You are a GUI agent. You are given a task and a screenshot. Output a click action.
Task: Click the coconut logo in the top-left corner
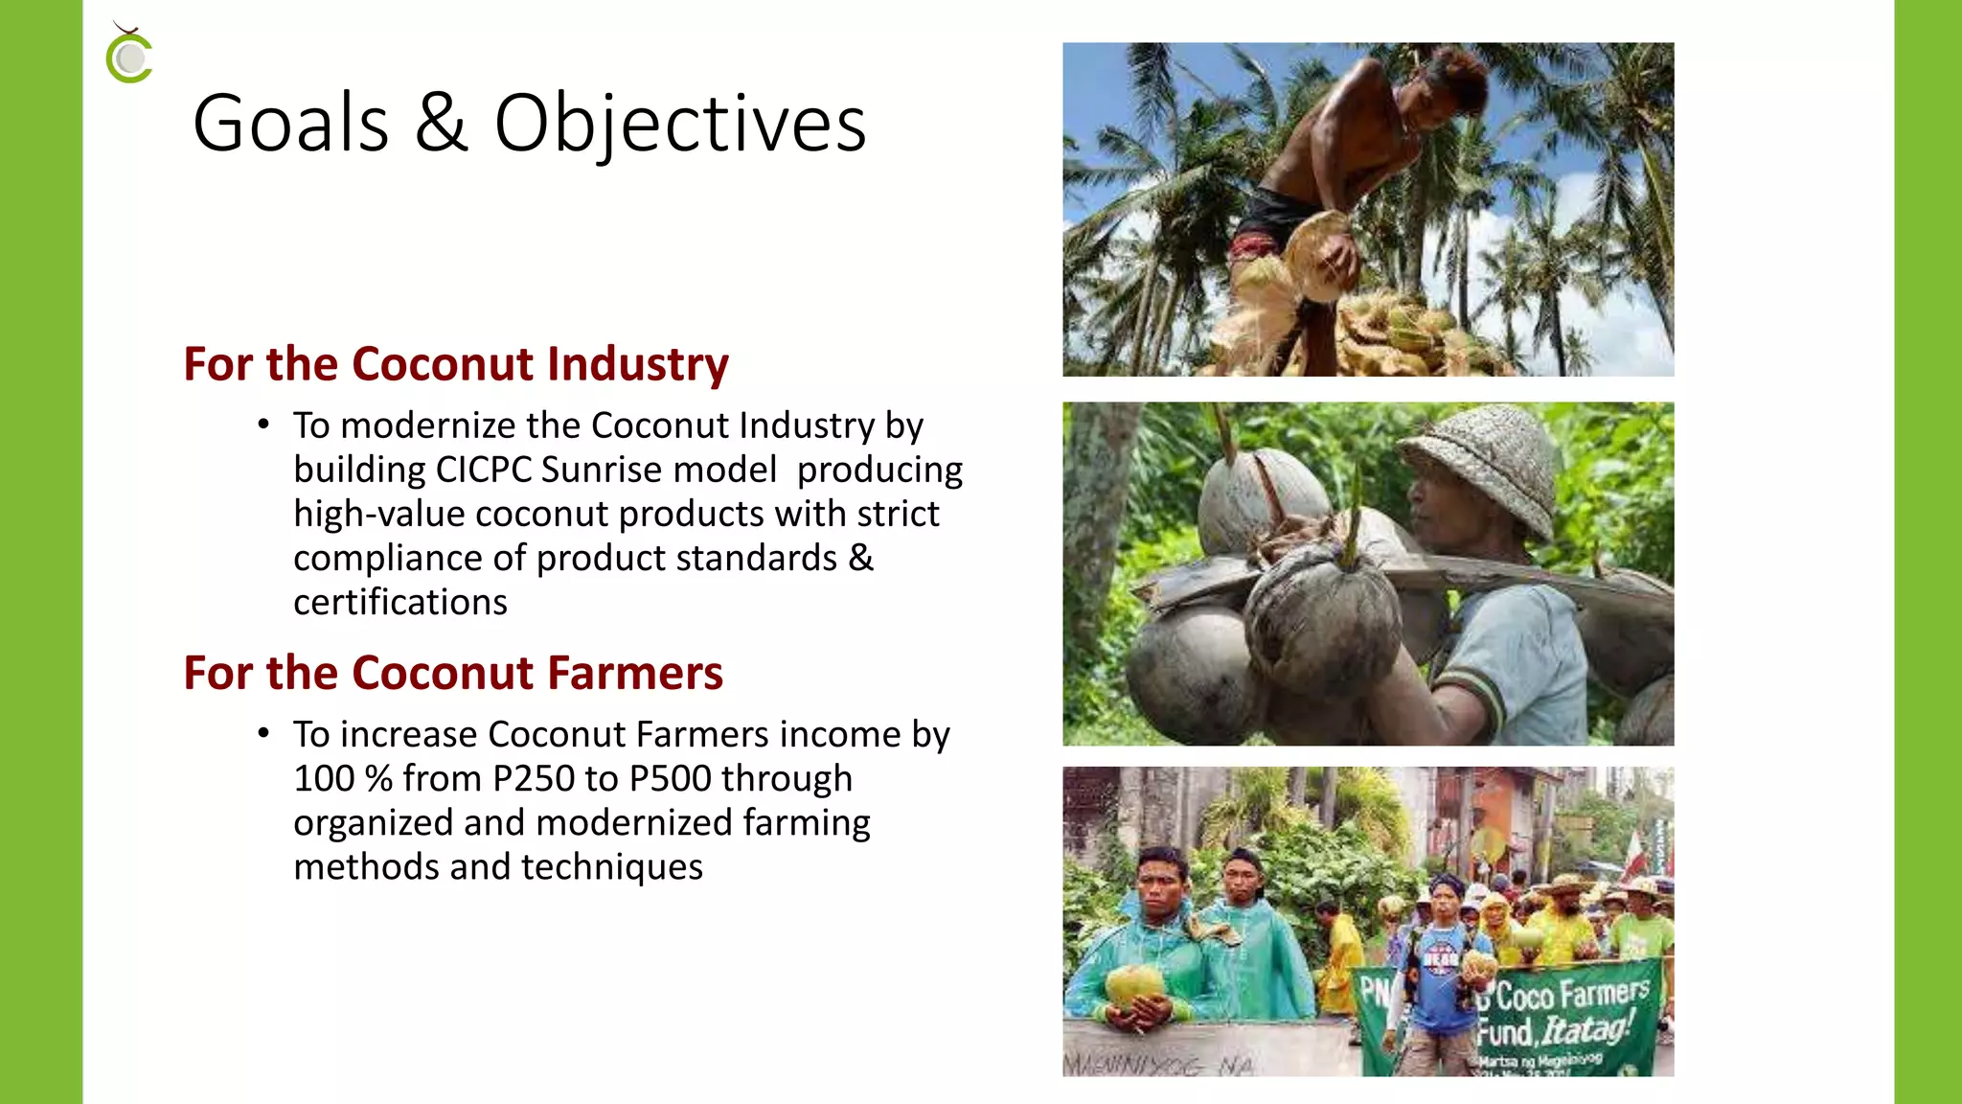click(x=129, y=56)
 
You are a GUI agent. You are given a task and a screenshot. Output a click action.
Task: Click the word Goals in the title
click(x=290, y=124)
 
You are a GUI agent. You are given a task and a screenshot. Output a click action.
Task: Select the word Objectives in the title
click(x=680, y=126)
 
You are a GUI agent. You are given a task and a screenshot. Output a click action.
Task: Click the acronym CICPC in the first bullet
click(x=484, y=471)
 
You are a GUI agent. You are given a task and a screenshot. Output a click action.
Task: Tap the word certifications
click(x=400, y=603)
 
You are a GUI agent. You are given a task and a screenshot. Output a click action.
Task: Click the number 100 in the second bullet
click(x=324, y=779)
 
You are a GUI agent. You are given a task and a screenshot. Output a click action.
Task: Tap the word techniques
click(x=612, y=867)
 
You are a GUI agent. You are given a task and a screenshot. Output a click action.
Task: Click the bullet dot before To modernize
click(x=263, y=425)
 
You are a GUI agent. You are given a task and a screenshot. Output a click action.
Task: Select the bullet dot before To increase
click(x=263, y=734)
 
